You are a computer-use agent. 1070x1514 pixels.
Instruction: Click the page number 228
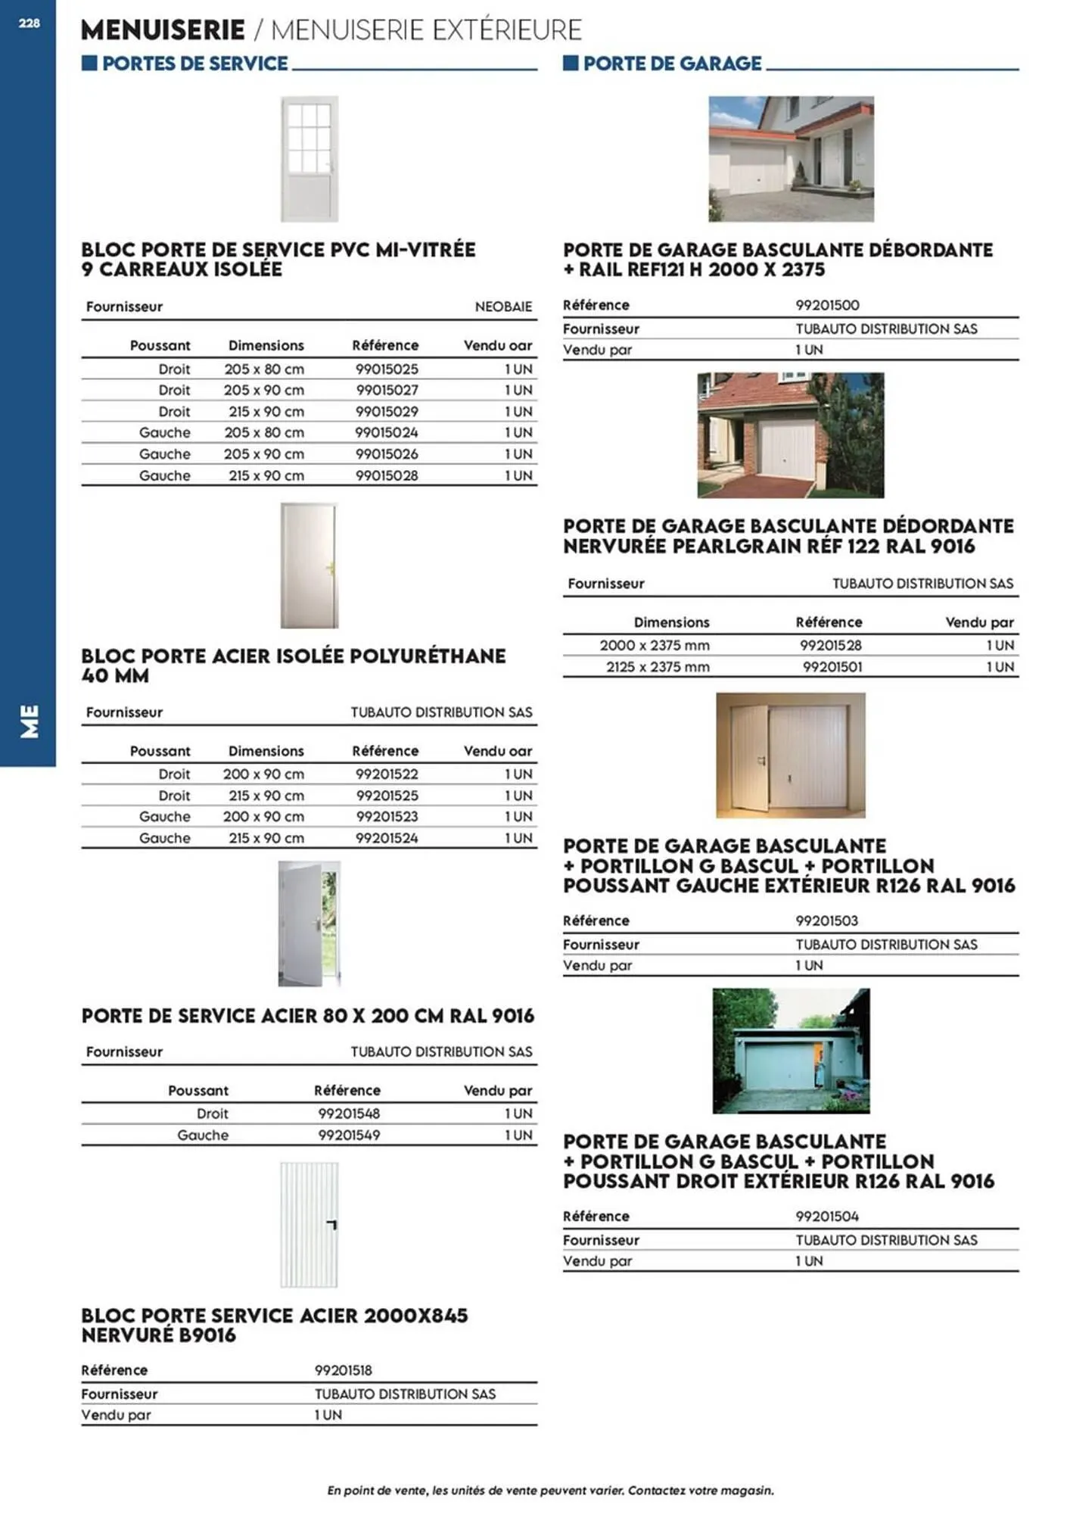29,23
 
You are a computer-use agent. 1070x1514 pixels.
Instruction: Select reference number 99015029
387,412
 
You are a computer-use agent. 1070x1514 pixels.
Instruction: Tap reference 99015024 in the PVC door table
386,433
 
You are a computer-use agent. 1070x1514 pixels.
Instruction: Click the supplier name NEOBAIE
503,307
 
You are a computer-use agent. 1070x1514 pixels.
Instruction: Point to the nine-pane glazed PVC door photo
309,159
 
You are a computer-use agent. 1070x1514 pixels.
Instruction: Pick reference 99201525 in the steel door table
387,796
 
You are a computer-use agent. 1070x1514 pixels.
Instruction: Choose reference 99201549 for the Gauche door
349,1135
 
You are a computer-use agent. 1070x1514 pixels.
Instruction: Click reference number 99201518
343,1370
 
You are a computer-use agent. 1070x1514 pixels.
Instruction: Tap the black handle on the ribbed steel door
331,1224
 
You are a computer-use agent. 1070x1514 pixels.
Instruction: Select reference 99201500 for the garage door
827,305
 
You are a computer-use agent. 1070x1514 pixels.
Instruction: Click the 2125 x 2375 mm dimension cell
658,667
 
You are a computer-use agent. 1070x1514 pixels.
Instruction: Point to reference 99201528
830,646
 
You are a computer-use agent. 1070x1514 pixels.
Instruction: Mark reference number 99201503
826,921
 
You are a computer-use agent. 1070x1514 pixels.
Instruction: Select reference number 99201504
827,1216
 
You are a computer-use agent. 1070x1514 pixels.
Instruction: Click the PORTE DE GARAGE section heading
672,64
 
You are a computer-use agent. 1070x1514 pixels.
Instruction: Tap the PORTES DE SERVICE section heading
194,64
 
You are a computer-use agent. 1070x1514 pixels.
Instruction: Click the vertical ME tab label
29,721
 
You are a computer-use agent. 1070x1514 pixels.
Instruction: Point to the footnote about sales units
550,1491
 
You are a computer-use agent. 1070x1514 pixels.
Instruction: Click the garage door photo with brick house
790,435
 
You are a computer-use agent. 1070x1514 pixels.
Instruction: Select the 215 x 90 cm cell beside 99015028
266,476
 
